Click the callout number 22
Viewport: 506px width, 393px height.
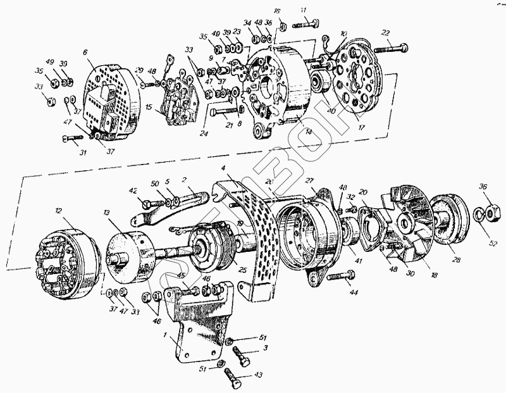coord(385,34)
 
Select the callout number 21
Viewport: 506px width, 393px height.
coord(230,126)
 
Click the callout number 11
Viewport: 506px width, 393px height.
coord(304,10)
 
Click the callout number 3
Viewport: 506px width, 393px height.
coord(266,348)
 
